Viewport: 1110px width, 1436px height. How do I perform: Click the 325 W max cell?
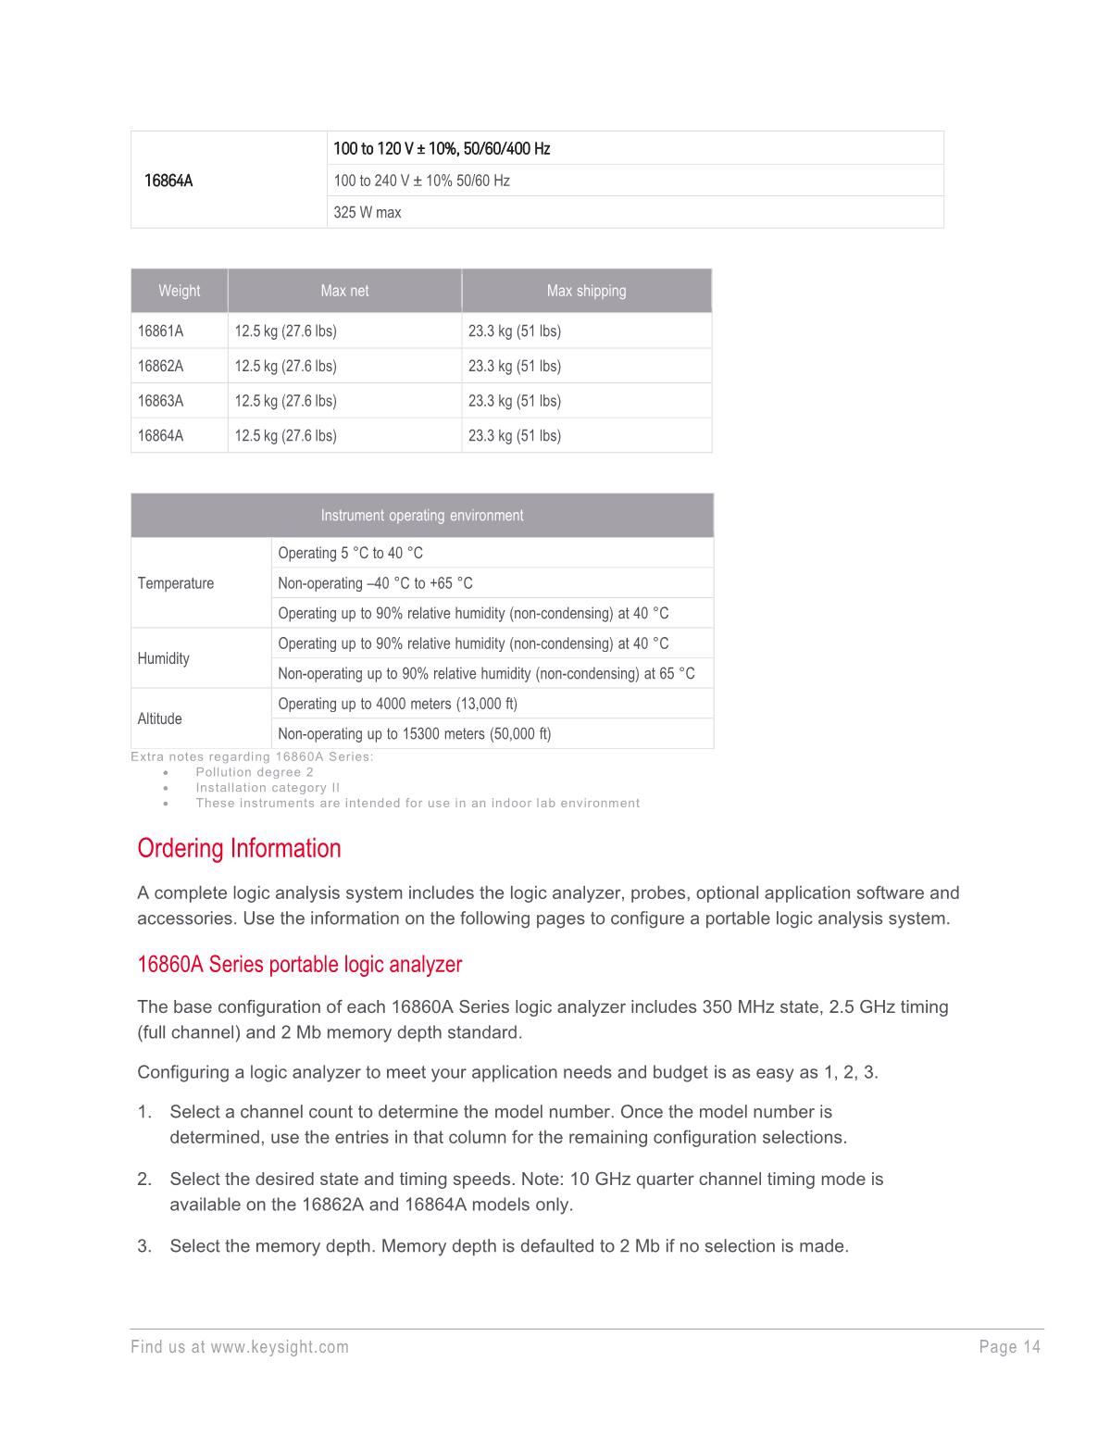pyautogui.click(x=368, y=212)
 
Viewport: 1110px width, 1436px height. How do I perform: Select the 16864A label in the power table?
pyautogui.click(x=168, y=181)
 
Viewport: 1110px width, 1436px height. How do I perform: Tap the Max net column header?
pyautogui.click(x=344, y=291)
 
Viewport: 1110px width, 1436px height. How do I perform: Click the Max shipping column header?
pyautogui.click(x=586, y=291)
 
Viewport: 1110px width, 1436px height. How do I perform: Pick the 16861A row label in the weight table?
pyautogui.click(x=161, y=331)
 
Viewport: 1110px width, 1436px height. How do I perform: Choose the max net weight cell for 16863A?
pyautogui.click(x=285, y=401)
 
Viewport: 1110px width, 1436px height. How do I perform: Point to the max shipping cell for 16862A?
pyautogui.click(x=515, y=366)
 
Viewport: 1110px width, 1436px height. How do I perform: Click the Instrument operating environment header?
pyautogui.click(x=422, y=516)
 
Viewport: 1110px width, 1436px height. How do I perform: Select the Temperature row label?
pyautogui.click(x=176, y=583)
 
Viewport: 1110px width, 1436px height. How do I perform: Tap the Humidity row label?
pyautogui.click(x=164, y=658)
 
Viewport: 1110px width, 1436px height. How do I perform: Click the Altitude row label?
pyautogui.click(x=160, y=718)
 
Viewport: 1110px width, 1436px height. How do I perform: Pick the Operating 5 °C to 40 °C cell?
pyautogui.click(x=351, y=553)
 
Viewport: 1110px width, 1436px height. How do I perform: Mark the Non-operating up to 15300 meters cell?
pyautogui.click(x=415, y=734)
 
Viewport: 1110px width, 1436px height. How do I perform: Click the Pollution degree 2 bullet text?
pyautogui.click(x=255, y=772)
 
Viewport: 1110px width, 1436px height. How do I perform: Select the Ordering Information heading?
pyautogui.click(x=239, y=848)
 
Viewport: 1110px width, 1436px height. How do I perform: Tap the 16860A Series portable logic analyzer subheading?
pyautogui.click(x=299, y=965)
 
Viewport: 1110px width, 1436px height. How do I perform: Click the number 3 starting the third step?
pyautogui.click(x=143, y=1246)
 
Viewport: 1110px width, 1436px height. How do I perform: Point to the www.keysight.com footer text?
pyautogui.click(x=280, y=1347)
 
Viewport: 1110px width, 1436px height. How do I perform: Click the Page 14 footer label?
pyautogui.click(x=1010, y=1347)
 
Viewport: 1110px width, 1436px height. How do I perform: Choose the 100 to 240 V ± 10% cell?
pyautogui.click(x=422, y=181)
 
